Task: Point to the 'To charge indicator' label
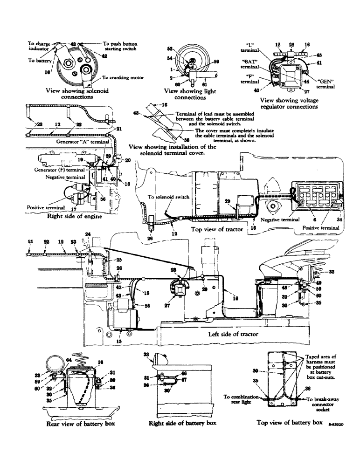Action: tap(38, 46)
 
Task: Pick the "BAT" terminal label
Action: tap(250, 64)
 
